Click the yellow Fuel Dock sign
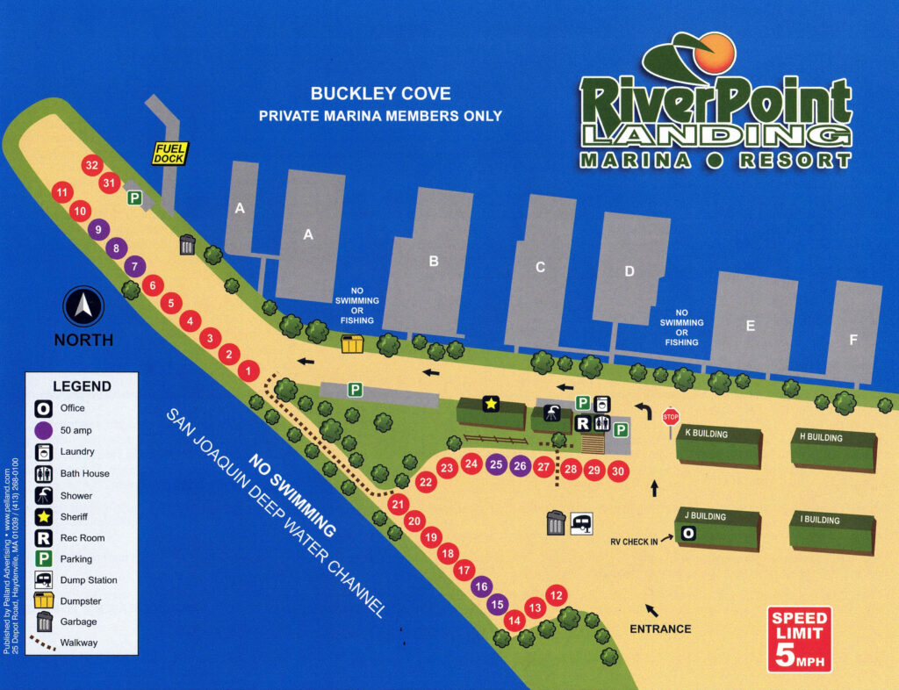[x=170, y=153]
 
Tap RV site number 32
[x=91, y=164]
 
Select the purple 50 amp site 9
[x=98, y=230]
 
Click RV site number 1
[x=249, y=371]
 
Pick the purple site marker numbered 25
[x=496, y=464]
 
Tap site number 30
[x=618, y=471]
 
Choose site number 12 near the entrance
[x=555, y=594]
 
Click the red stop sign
[x=672, y=416]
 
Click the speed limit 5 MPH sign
[x=799, y=638]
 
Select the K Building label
[x=708, y=434]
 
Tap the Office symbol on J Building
[x=689, y=533]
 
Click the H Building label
[x=821, y=437]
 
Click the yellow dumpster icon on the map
[x=352, y=343]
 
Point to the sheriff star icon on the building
[x=491, y=404]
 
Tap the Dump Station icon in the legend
[x=44, y=579]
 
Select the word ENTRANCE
[x=660, y=629]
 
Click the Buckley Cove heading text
[x=380, y=94]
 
